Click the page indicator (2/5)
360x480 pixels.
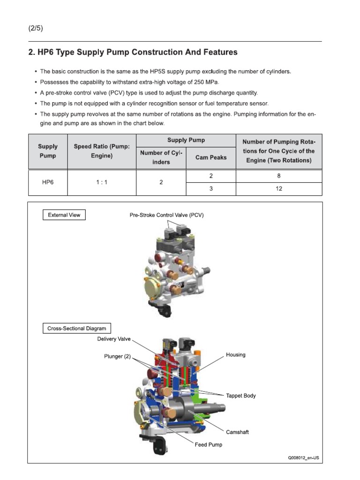pos(36,28)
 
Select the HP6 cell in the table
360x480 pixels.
pos(48,182)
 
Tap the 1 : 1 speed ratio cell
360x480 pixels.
pos(102,182)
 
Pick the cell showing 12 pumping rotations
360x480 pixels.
pos(279,189)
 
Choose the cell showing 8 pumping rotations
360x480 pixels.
pos(279,176)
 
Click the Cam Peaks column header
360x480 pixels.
pos(211,157)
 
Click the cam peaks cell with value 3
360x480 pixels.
pos(211,189)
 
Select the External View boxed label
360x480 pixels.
pos(64,215)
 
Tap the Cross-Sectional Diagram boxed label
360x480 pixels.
pos(77,329)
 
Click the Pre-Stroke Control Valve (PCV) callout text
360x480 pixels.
pos(167,215)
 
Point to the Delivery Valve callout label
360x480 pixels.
pos(114,338)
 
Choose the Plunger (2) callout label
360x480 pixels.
pos(117,357)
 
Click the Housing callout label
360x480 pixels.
pos(235,355)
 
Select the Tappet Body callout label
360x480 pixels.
pos(241,396)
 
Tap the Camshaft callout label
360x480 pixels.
pos(237,432)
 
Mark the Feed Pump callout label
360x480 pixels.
pos(209,444)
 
